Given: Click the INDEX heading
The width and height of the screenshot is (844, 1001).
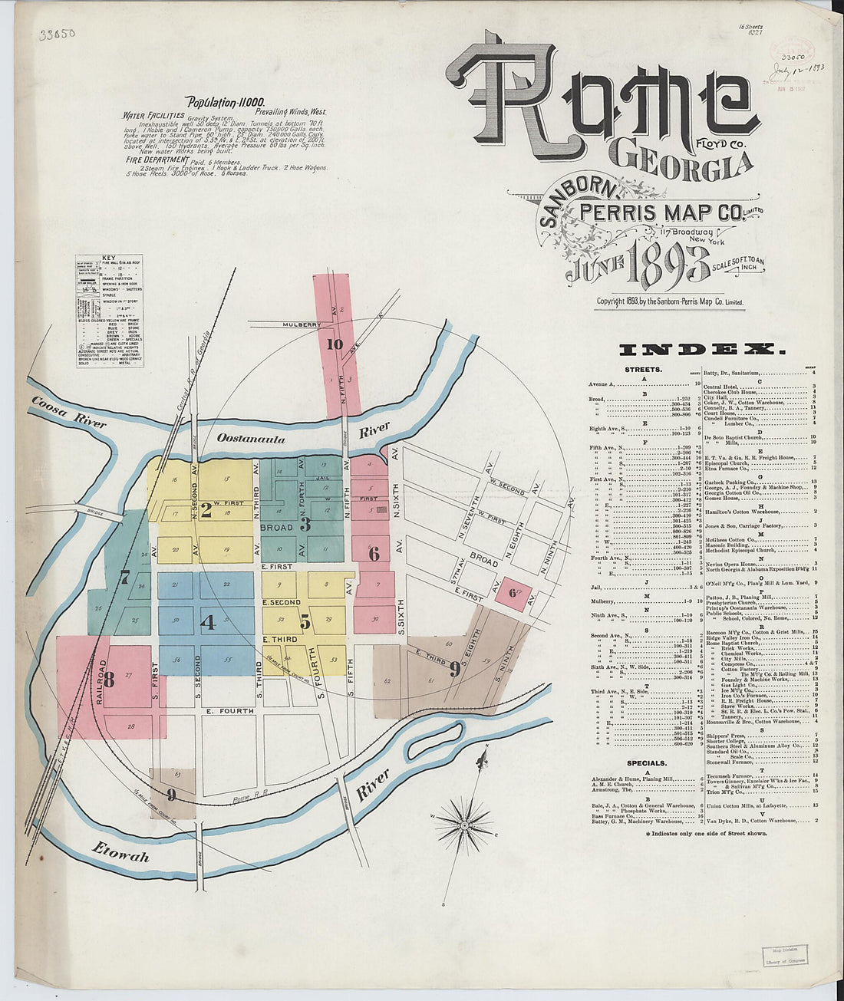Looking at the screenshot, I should pos(702,350).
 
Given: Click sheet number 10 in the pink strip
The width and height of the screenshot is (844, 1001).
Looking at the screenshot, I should pos(334,344).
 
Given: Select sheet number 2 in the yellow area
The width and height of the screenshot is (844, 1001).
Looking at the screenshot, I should pos(206,506).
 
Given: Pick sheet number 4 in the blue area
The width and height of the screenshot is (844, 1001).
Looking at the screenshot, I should pos(206,621).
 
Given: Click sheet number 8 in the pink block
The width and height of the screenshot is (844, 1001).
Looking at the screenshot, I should pos(109,679).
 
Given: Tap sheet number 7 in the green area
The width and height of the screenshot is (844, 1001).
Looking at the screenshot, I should pos(124,578).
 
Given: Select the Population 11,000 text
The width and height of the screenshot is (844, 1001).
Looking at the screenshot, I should pos(226,102).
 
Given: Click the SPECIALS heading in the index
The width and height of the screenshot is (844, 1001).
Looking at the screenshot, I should pos(646,763).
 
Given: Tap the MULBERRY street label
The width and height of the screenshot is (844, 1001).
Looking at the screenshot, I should pos(302,324).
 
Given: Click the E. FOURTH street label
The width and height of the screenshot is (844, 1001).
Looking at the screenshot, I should pos(230,711).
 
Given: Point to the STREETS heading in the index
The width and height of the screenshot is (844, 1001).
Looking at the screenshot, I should pos(644,369).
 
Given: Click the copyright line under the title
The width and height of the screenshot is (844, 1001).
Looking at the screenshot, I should pos(671,301).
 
